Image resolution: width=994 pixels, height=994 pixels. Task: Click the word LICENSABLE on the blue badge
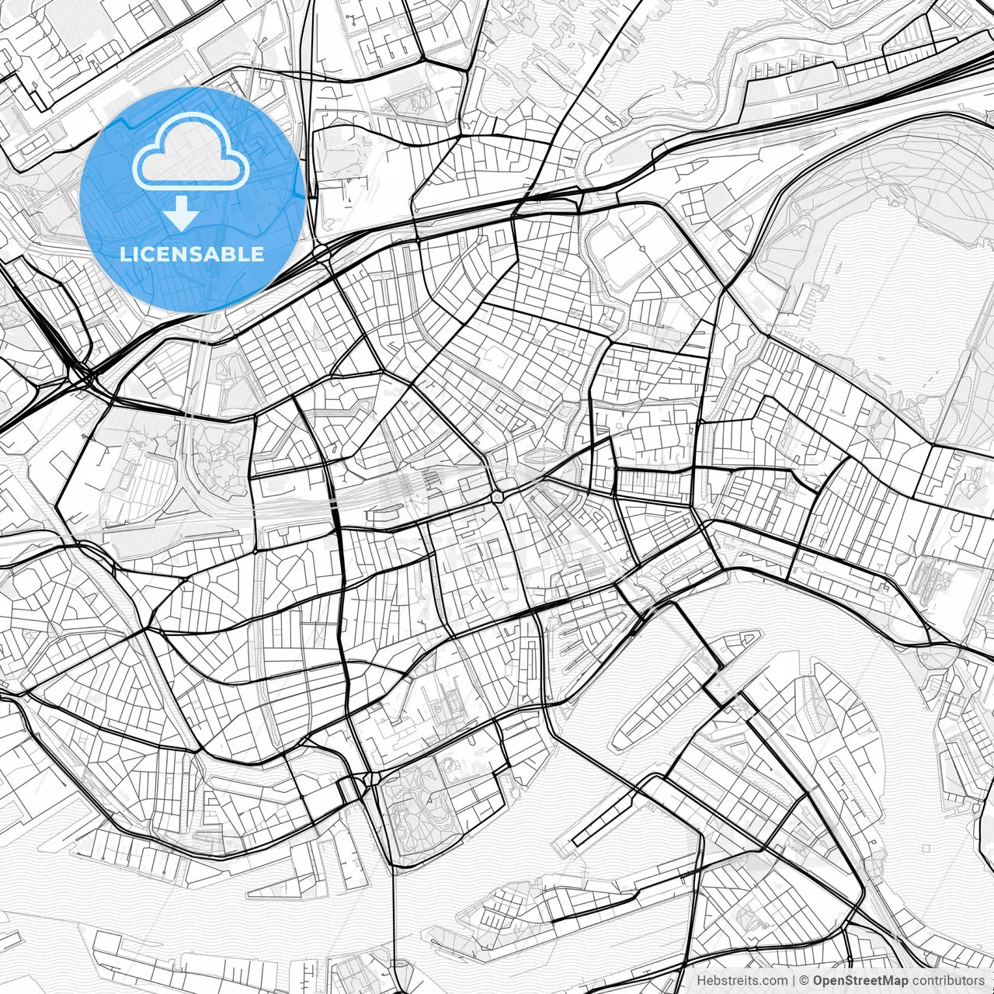192,254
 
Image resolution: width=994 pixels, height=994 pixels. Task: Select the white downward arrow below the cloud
182,213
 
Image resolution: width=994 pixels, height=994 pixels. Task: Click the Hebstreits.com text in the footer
742,981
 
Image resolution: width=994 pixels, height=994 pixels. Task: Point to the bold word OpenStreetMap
860,981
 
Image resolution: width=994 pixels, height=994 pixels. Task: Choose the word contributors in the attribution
947,981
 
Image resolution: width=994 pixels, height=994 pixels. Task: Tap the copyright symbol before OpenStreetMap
805,981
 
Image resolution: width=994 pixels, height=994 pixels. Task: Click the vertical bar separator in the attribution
794,981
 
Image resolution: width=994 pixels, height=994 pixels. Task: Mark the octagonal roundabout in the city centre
497,495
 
